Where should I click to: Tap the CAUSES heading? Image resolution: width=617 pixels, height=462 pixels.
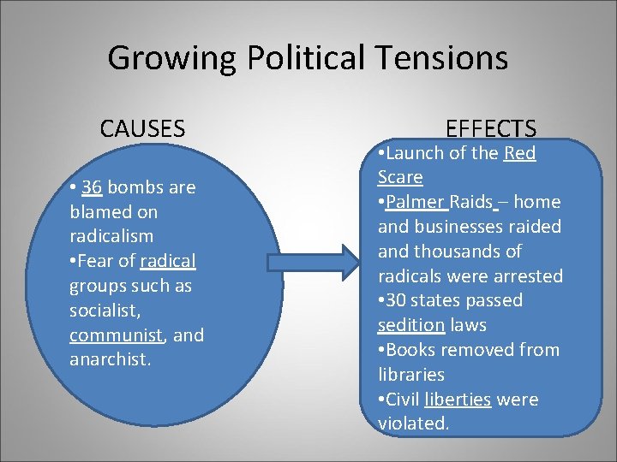[142, 129]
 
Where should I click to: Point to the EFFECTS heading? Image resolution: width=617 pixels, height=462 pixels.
[491, 129]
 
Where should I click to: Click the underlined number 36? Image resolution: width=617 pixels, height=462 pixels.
[93, 187]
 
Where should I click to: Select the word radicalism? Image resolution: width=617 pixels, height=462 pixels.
[111, 236]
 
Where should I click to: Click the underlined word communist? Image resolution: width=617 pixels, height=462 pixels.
[118, 335]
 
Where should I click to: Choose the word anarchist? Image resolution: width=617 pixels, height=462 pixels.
[109, 359]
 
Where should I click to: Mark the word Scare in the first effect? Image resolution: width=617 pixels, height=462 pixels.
[400, 178]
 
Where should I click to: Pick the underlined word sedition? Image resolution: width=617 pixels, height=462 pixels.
[410, 326]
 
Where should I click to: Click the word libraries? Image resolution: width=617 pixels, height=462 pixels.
[410, 375]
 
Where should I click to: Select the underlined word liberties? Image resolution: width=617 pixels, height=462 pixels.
[458, 400]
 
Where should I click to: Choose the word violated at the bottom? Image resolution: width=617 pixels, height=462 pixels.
[413, 424]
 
